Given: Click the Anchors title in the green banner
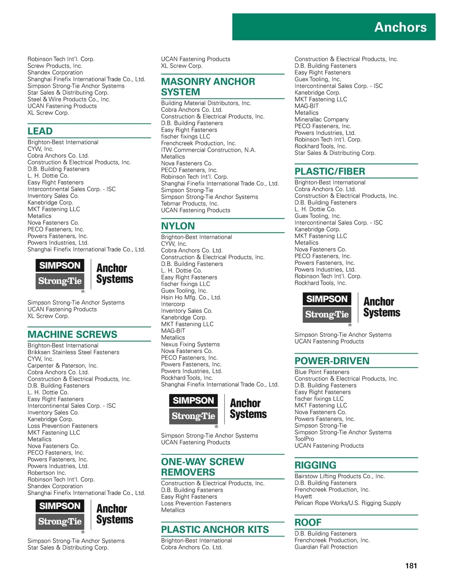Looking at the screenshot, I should [400, 27].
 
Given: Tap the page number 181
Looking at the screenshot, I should [411, 566].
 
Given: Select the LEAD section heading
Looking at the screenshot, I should [40, 131].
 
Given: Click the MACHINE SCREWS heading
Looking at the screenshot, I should [73, 335].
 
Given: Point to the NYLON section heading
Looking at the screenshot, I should [178, 226].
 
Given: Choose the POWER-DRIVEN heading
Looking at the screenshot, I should [332, 361].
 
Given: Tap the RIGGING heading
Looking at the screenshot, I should [315, 465].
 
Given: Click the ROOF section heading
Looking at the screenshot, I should [308, 522].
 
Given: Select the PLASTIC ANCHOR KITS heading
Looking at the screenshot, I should [215, 529].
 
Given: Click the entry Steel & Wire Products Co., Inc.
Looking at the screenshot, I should [69, 100].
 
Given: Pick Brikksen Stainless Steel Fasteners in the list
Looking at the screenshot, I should [73, 352].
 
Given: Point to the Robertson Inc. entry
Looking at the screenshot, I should [47, 473].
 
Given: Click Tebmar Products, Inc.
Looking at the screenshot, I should [190, 204].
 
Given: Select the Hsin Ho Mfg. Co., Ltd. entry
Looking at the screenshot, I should [191, 297].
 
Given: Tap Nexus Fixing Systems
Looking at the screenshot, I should [190, 344].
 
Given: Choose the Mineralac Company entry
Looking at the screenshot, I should [321, 119].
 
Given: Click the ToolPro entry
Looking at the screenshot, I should [304, 439].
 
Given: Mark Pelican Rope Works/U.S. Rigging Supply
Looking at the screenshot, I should [348, 503].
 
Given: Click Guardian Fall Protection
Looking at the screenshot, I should [326, 547].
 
